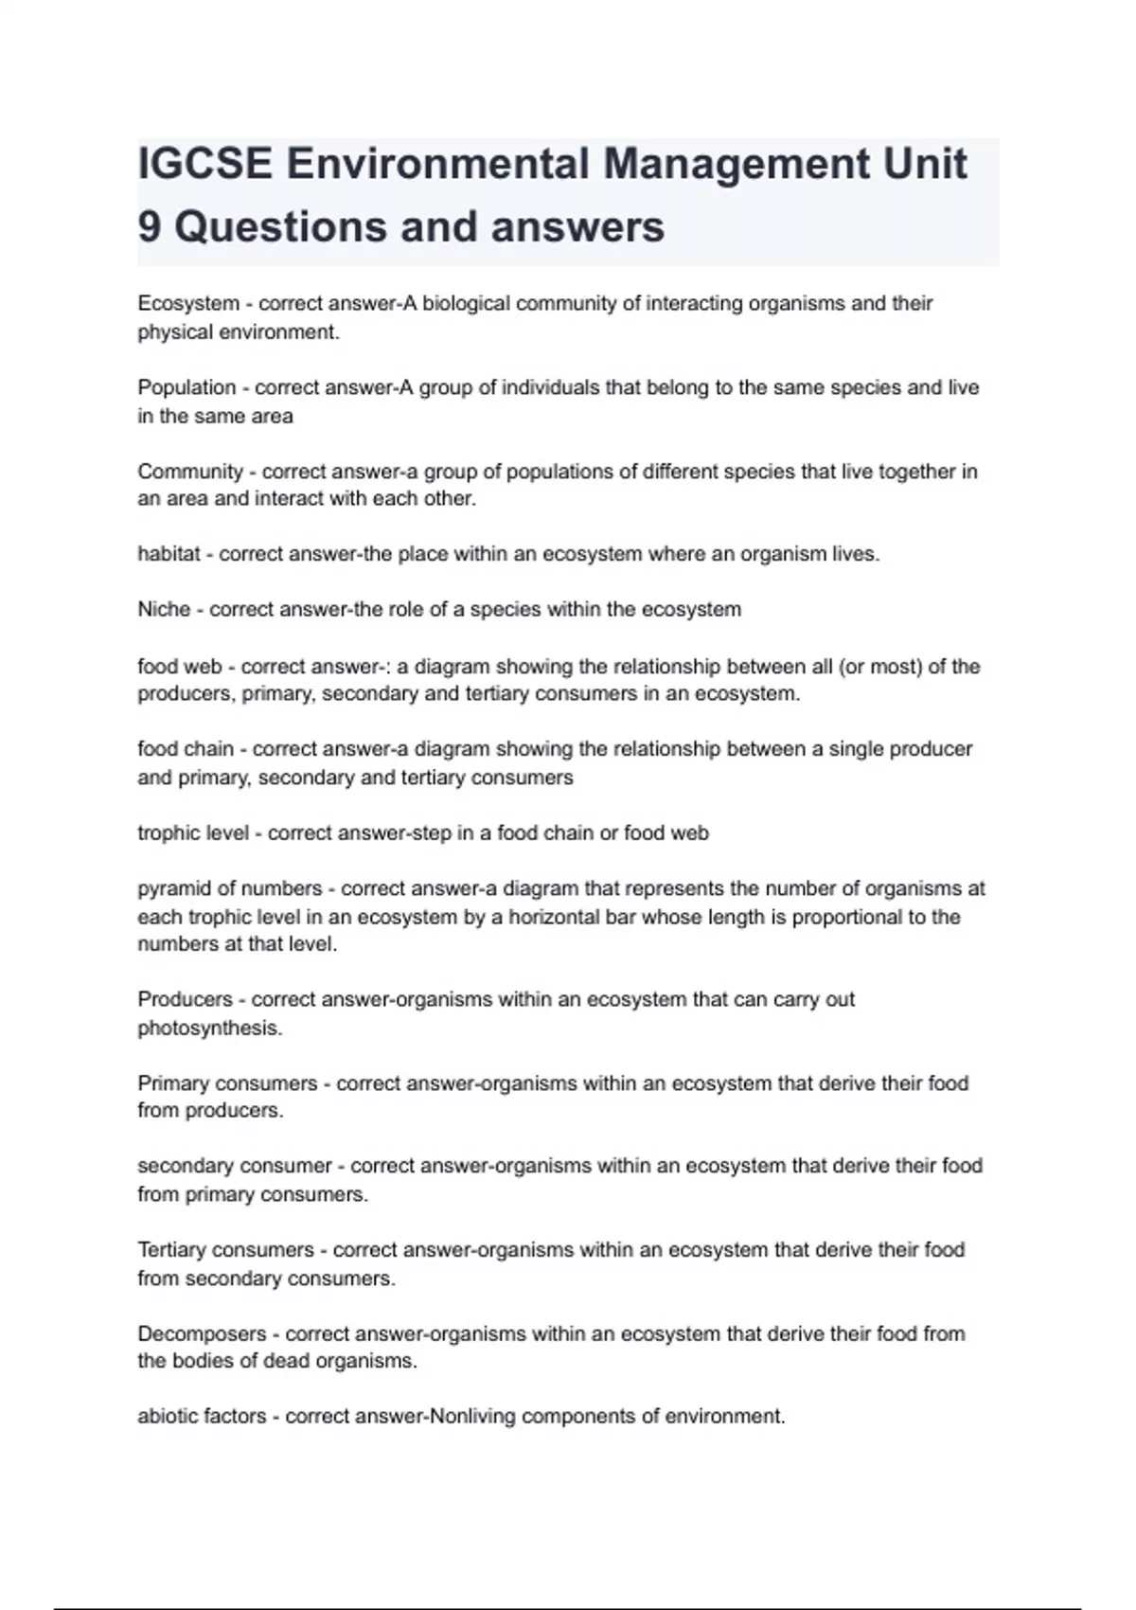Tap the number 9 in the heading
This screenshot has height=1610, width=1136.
(149, 227)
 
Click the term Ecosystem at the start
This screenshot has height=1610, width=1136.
(188, 304)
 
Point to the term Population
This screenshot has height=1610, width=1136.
(186, 387)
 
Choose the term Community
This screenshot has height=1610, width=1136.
(190, 472)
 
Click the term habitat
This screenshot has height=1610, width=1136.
(169, 554)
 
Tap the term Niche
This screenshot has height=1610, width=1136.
(164, 609)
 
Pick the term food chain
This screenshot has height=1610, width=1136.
(186, 749)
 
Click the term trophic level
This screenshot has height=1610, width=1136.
(193, 833)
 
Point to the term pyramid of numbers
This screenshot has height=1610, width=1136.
(230, 888)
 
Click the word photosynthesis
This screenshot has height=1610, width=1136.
(209, 1029)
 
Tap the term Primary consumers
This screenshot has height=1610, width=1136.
(227, 1083)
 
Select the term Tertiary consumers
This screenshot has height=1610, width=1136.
(225, 1250)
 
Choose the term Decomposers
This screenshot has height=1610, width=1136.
(202, 1334)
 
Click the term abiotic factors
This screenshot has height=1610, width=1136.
(202, 1417)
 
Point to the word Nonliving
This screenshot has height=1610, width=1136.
(471, 1417)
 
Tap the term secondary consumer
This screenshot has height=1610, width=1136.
(235, 1166)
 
